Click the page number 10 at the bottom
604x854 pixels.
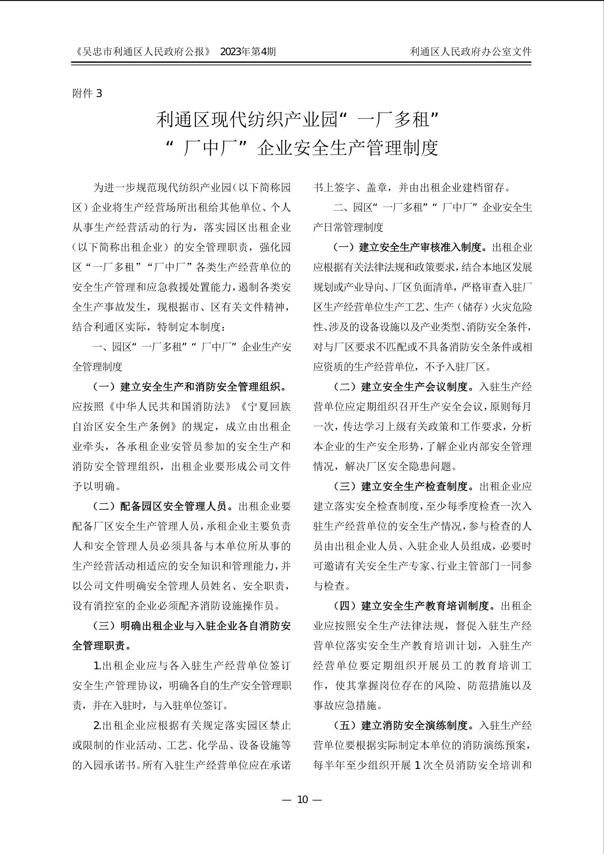(x=302, y=800)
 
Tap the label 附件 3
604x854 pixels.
(x=87, y=94)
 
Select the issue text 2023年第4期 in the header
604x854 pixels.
(x=248, y=52)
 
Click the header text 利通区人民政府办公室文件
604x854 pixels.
(x=470, y=52)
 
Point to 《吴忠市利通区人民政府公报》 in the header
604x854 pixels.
(x=143, y=52)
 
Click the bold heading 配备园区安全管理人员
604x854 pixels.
(x=177, y=506)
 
